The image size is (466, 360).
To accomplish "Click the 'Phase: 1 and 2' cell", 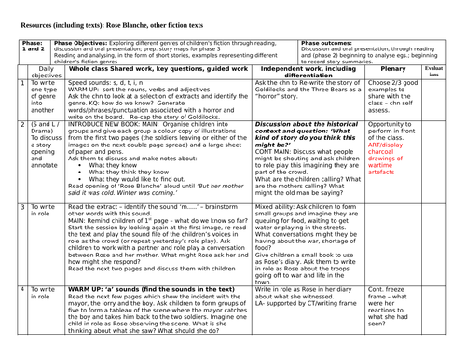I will point(33,48).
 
